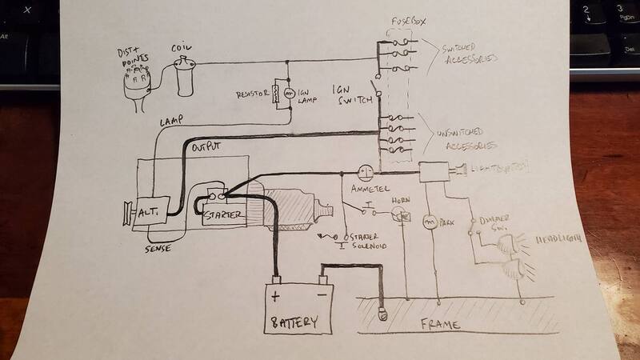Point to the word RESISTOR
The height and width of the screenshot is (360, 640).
[255, 94]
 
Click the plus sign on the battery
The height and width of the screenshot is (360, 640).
[276, 297]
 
